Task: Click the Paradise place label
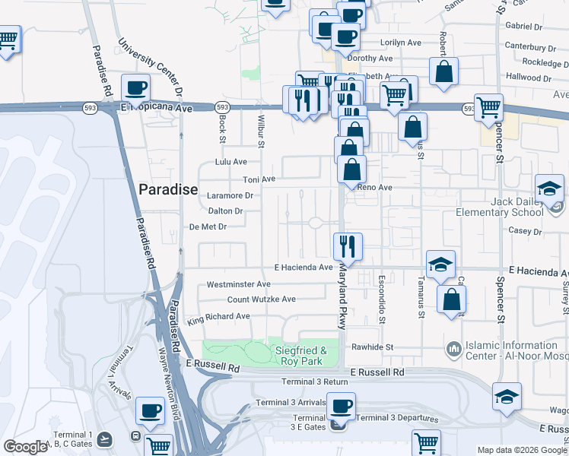[168, 189]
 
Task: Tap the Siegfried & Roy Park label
[299, 356]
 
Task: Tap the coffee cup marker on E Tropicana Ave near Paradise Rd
[136, 88]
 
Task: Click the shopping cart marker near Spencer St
[488, 107]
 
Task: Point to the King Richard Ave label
[219, 316]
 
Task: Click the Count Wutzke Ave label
[261, 299]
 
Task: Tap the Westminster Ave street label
[239, 284]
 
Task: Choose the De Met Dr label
[208, 226]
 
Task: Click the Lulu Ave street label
[231, 162]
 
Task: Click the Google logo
[25, 447]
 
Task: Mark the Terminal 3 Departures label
[398, 418]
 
